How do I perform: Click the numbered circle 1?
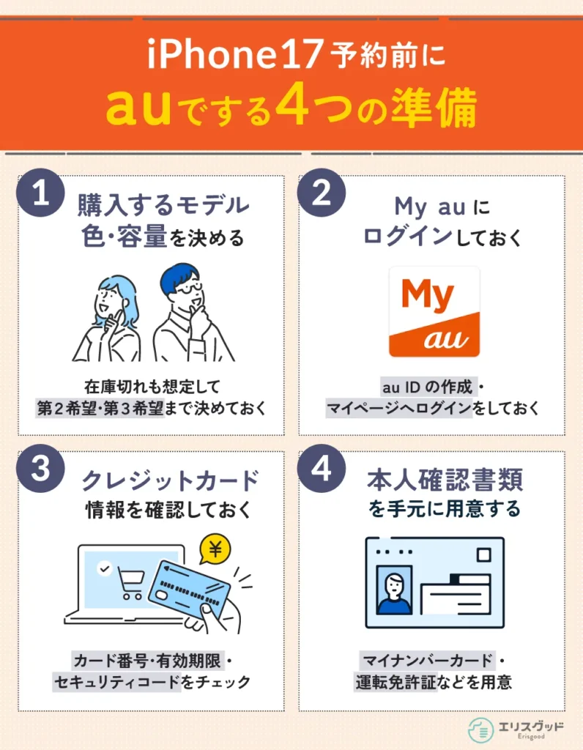(x=40, y=193)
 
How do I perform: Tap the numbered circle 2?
(x=322, y=193)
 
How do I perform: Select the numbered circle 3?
(x=40, y=468)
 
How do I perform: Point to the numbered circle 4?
(x=322, y=468)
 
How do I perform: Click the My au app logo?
(x=434, y=312)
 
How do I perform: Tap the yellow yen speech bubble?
(x=215, y=549)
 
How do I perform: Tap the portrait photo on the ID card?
(x=395, y=590)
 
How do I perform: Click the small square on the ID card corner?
(x=484, y=555)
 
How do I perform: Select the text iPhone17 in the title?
(x=234, y=54)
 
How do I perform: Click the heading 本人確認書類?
(x=445, y=480)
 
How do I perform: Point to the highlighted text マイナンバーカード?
(x=428, y=661)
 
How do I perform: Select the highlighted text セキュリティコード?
(x=116, y=682)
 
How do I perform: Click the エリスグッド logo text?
(x=531, y=727)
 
